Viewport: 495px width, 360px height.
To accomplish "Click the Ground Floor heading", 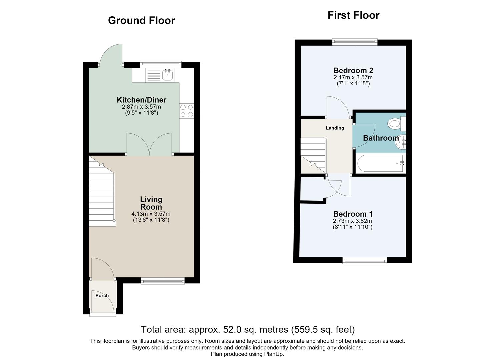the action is (x=141, y=21).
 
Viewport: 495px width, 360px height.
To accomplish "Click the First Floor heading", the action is (x=353, y=15).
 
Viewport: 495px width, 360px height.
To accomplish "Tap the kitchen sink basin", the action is (x=167, y=74).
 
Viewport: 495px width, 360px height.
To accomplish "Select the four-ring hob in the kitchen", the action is (x=187, y=111).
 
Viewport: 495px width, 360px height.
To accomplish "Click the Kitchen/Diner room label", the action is (x=141, y=100).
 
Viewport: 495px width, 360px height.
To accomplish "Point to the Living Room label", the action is (x=151, y=203).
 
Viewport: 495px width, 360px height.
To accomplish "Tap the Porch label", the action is (x=102, y=295).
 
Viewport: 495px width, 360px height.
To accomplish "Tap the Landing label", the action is (x=335, y=128).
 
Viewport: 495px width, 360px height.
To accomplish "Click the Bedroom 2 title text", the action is (x=353, y=70).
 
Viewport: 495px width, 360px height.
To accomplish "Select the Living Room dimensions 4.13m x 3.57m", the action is (x=151, y=214).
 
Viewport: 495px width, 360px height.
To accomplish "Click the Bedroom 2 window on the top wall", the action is (x=355, y=42).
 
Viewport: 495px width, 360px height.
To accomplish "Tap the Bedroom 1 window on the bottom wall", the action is (x=365, y=261).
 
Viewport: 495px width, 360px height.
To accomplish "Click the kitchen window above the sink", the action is (x=161, y=64).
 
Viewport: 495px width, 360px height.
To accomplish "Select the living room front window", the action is (x=163, y=281).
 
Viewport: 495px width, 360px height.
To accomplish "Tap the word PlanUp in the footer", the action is (x=274, y=354).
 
